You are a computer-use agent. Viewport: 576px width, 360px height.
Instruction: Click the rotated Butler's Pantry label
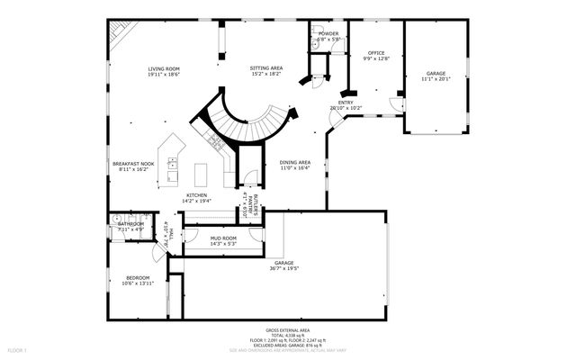(x=249, y=205)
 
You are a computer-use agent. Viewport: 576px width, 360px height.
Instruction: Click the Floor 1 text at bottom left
(x=17, y=349)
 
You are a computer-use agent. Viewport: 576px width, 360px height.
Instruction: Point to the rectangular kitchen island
(x=200, y=173)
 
